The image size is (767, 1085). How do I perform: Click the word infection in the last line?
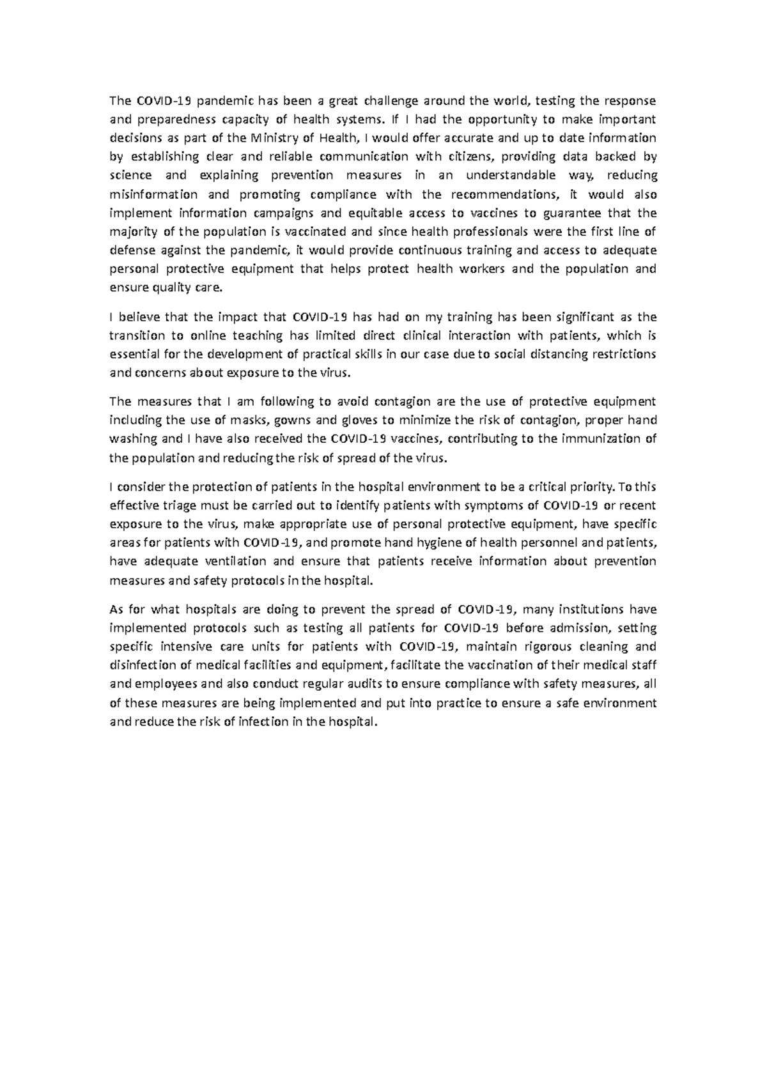pos(261,722)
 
